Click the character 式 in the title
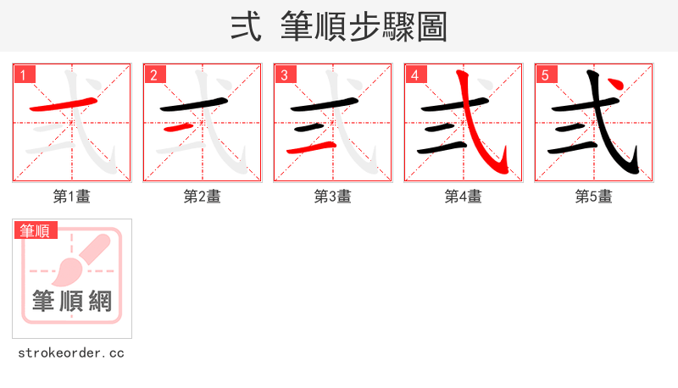click(245, 27)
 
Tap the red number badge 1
click(24, 75)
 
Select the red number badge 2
click(154, 75)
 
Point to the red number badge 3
click(285, 75)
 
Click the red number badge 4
click(415, 75)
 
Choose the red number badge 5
click(546, 75)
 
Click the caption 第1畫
click(72, 197)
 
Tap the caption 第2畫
click(203, 197)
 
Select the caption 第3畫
click(333, 197)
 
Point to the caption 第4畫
click(464, 197)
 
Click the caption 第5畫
click(594, 197)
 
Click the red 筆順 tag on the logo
click(35, 230)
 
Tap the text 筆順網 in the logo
click(72, 301)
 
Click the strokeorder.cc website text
click(71, 352)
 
